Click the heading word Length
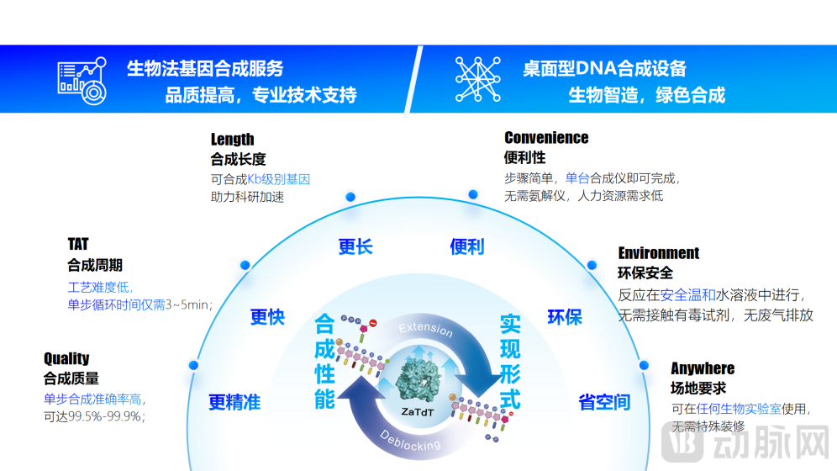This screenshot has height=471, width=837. pos(232,140)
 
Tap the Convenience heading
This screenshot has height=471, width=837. pos(546,138)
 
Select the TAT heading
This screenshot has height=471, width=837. pos(78,244)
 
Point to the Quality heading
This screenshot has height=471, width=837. pos(66,358)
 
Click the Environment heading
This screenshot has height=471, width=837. pos(658,253)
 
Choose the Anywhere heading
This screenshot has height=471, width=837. pos(703,368)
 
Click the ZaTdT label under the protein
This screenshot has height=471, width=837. pos(418,411)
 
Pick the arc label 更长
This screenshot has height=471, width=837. pos(355,247)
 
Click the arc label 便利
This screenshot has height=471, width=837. pos(467,247)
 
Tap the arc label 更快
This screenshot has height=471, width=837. pos(267,317)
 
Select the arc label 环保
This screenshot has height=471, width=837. pos(565,317)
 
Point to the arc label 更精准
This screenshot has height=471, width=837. pos(234,402)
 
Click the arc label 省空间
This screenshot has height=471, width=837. pos(604,402)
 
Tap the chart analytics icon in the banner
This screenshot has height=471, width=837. pos(82,80)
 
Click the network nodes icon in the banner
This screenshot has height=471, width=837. pos(475,78)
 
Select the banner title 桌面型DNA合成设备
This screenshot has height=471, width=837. pos(604,68)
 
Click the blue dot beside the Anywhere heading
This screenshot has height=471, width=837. pos(645,366)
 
